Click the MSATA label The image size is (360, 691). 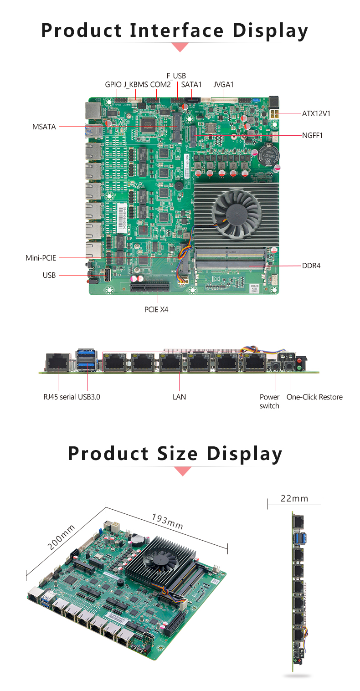pos(44,127)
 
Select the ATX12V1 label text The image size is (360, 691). pos(316,113)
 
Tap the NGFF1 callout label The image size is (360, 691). pos(313,135)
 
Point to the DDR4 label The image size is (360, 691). pos(311,265)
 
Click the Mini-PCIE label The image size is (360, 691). pos(41,258)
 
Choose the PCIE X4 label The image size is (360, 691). pos(156,310)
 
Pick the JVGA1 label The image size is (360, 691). pos(223,85)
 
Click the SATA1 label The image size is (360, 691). pos(191,85)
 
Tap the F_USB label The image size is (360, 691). pos(176,76)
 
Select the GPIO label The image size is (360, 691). pos(113,85)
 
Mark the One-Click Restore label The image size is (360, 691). pos(314,397)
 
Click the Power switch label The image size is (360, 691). pos(269,401)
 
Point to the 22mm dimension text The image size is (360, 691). pos(294,498)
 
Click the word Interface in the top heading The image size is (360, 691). pos(177,31)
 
